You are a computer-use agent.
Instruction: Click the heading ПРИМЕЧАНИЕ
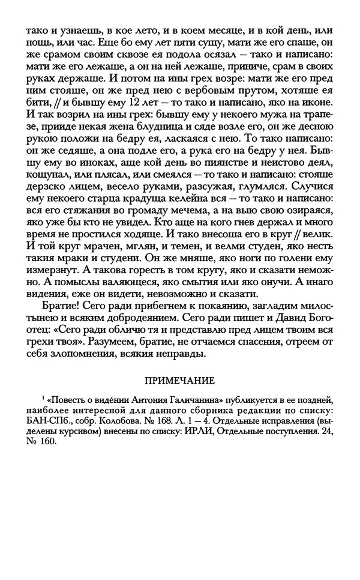pos(180,380)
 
